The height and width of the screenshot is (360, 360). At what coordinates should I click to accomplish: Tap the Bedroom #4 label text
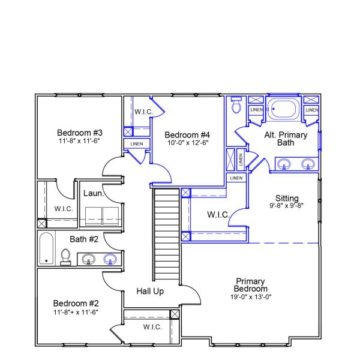[187, 134]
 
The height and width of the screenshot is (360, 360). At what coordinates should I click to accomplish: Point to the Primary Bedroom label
[250, 285]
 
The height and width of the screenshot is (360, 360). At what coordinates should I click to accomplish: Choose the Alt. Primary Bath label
[286, 139]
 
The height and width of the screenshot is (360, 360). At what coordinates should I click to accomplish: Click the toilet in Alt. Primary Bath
[236, 107]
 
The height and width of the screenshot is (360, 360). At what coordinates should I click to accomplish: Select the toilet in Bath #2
[66, 257]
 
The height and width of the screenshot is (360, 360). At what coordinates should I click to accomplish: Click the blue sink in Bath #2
[110, 259]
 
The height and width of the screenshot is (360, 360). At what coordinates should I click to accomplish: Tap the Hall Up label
[149, 291]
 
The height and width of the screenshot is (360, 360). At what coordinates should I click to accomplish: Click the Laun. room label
[94, 193]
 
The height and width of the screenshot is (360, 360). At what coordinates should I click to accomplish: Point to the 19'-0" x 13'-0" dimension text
[250, 296]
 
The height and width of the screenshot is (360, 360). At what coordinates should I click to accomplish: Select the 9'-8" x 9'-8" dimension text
[287, 205]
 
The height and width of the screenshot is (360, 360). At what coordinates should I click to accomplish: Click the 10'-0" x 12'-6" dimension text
[187, 143]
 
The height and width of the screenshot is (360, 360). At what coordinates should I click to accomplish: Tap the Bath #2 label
[84, 239]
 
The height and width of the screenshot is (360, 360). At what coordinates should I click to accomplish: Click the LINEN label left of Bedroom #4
[133, 144]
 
